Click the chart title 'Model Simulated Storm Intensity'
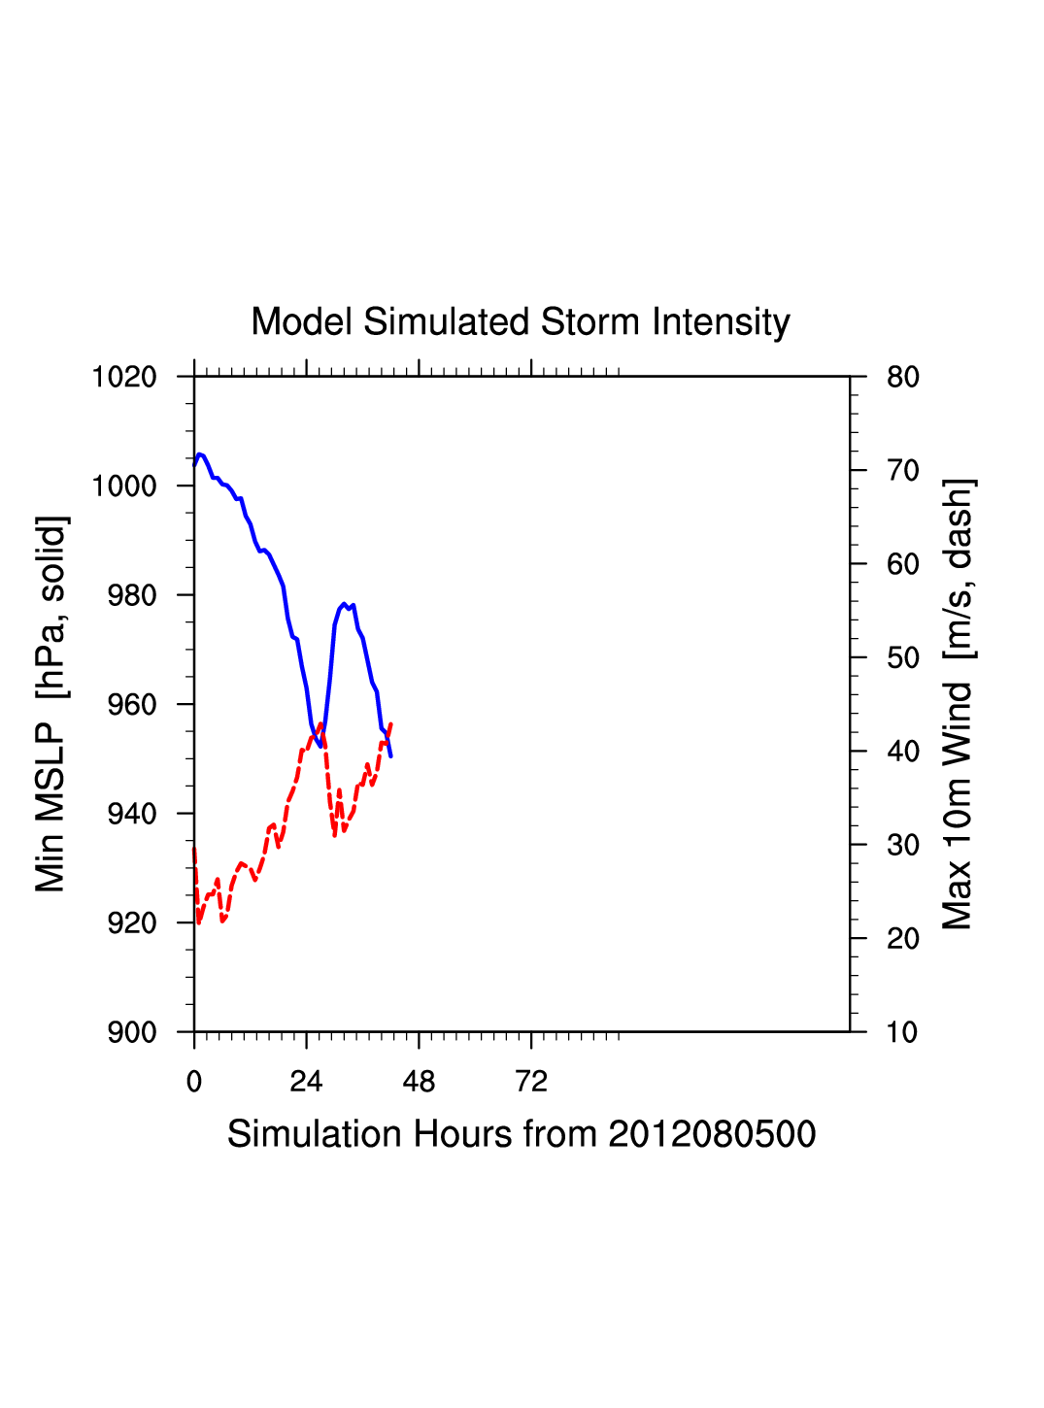[x=521, y=322]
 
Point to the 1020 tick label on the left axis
[x=124, y=377]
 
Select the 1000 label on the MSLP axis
[x=124, y=486]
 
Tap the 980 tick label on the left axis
[x=131, y=595]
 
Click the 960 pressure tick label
[x=131, y=705]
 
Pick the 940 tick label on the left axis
[x=131, y=814]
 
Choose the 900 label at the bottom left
[x=131, y=1032]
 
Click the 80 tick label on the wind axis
[x=903, y=377]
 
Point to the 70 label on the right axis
[x=903, y=471]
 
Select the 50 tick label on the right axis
[x=903, y=658]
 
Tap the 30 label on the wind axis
[x=903, y=846]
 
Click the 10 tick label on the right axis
[x=903, y=1032]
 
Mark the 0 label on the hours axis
[x=194, y=1082]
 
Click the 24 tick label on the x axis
[x=306, y=1082]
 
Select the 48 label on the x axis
[x=419, y=1082]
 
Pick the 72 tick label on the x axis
[x=531, y=1082]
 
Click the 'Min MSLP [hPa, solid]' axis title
[x=51, y=704]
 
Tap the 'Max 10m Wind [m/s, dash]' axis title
[x=958, y=704]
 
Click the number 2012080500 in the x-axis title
[x=712, y=1134]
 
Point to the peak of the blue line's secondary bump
[x=344, y=604]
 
